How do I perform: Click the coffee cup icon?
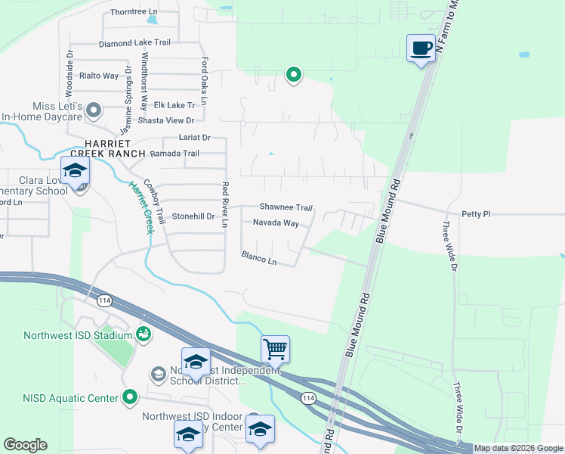tap(421, 48)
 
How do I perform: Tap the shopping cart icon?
tap(276, 350)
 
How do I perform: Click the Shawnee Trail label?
tap(286, 207)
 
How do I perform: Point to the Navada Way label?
tap(276, 223)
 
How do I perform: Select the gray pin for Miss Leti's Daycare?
tap(94, 111)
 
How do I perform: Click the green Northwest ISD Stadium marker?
tap(143, 333)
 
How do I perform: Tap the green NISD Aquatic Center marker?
tap(130, 396)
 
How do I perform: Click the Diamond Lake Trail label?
tap(134, 43)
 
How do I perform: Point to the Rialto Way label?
tap(100, 76)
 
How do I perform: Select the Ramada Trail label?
tap(174, 154)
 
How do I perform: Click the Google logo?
tap(25, 445)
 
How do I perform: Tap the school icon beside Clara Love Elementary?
tap(76, 172)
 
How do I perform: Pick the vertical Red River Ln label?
tap(224, 201)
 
